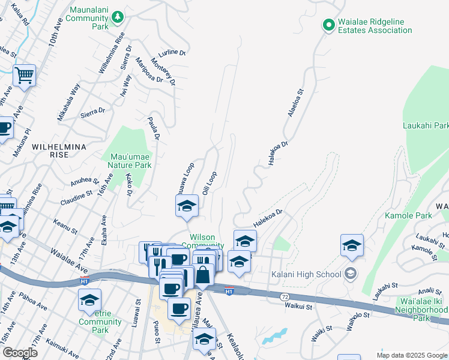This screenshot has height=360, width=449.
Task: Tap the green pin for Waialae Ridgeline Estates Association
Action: pos(328,25)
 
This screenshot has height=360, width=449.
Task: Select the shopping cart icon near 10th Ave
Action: pos(24,76)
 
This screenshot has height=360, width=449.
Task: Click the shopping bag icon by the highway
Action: pos(203,276)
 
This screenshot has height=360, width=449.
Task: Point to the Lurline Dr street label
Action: pos(174,52)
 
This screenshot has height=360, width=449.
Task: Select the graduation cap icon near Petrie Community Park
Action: pos(89,300)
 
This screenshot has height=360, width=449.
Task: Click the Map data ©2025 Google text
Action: pos(411,355)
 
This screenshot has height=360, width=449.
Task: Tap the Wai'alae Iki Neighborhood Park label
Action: pos(421,310)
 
